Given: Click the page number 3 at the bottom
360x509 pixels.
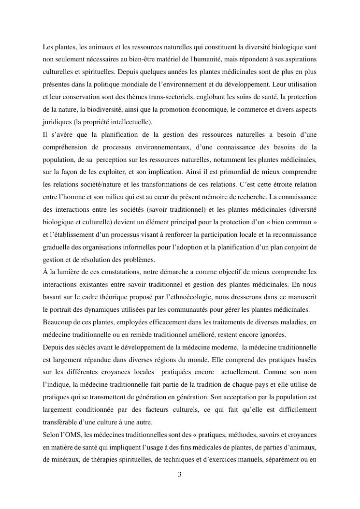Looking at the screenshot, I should click(x=180, y=474).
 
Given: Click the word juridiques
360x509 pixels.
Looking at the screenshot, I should click(x=57, y=122).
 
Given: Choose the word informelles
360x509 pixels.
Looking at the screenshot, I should click(x=143, y=247).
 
